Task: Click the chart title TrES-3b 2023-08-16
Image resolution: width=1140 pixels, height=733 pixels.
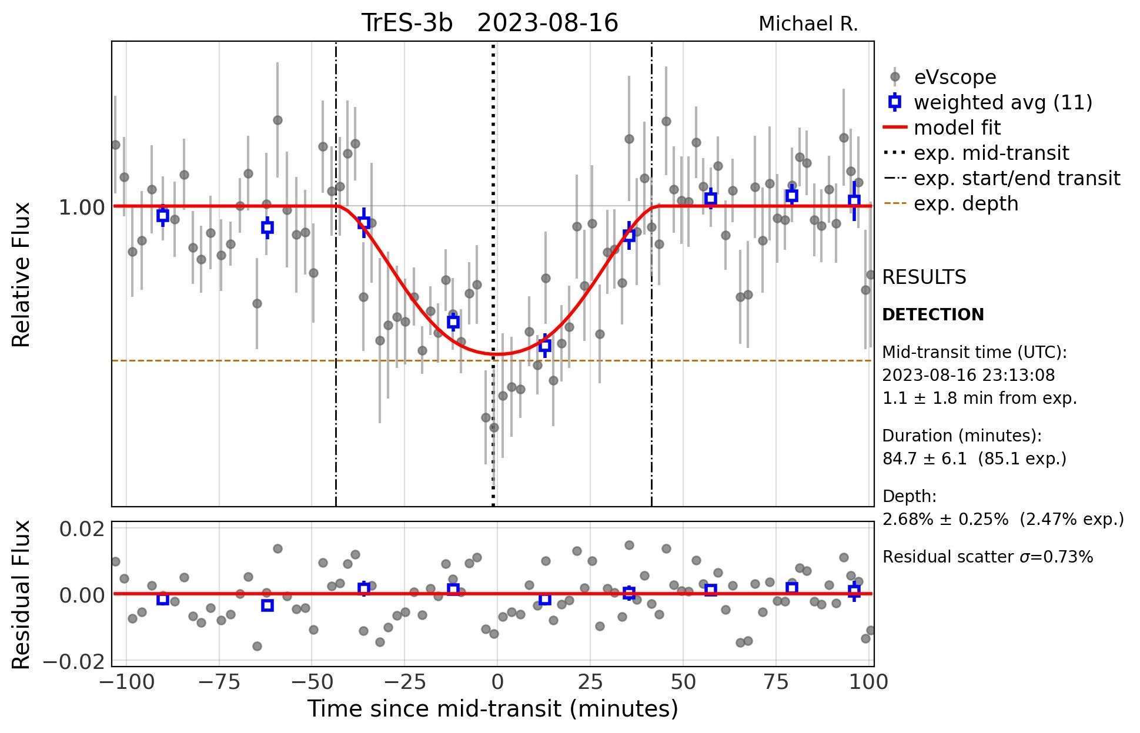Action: [x=489, y=24]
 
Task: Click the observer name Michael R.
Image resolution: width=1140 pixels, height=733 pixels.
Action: [x=808, y=24]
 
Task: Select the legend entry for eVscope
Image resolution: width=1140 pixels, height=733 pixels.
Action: [x=955, y=77]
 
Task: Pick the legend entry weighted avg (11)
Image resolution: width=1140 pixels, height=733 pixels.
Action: [x=1002, y=102]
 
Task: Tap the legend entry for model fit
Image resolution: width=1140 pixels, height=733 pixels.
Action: [x=957, y=128]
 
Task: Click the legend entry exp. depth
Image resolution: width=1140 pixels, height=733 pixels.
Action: [x=965, y=203]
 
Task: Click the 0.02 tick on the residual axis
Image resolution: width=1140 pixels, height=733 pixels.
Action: [x=82, y=529]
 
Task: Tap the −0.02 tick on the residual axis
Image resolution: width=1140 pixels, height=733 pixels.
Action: [x=73, y=662]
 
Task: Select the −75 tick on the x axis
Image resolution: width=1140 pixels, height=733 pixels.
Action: [x=219, y=682]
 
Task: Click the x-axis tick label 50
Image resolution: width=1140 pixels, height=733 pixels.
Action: [x=683, y=682]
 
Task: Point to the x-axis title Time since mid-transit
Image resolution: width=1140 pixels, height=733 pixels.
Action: [x=493, y=708]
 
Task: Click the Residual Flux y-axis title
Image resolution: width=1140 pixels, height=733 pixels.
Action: [x=21, y=594]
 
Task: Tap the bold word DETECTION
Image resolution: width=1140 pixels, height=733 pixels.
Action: [x=932, y=314]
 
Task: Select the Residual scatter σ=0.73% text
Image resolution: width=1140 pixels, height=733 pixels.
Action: [x=987, y=557]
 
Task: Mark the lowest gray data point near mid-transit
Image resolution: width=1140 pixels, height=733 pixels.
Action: [x=494, y=427]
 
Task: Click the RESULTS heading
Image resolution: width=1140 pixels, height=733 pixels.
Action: [x=924, y=277]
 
